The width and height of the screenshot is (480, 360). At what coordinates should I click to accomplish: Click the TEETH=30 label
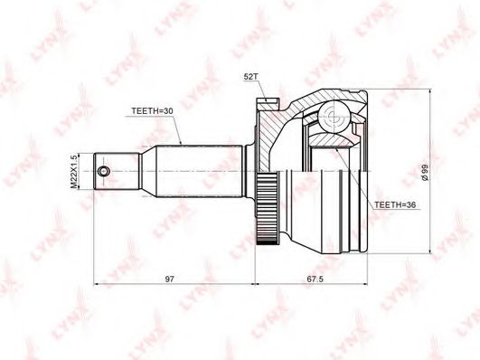point(152,111)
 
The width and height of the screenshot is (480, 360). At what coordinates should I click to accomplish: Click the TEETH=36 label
point(395,205)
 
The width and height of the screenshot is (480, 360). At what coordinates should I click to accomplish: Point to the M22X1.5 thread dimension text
point(73,171)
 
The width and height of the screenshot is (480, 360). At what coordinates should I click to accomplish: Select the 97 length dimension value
point(170,279)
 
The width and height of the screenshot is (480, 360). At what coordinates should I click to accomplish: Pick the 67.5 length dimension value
point(315,279)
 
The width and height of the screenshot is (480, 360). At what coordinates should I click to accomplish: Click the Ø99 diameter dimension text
point(425,172)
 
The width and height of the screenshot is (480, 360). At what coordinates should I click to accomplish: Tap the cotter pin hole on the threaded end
point(103,172)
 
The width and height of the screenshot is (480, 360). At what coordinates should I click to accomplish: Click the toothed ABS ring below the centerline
point(267,208)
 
